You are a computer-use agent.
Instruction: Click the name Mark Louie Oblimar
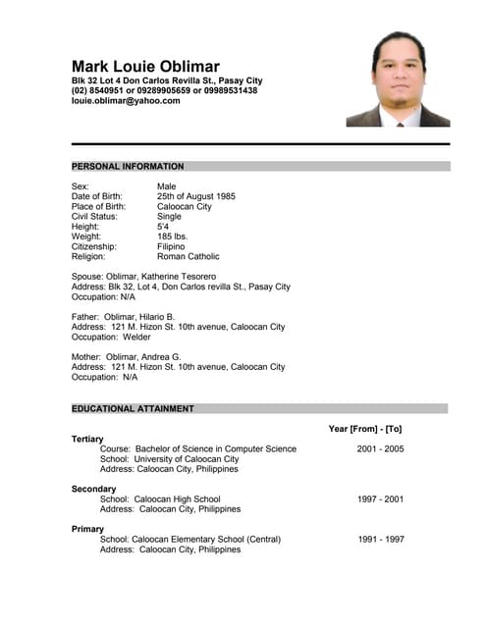pyautogui.click(x=145, y=66)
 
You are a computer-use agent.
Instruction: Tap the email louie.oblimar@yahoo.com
pyautogui.click(x=126, y=100)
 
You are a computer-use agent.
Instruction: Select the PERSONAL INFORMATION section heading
pyautogui.click(x=128, y=167)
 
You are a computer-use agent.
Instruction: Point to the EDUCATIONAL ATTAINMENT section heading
pyautogui.click(x=133, y=408)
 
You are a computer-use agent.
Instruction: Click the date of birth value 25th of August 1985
pyautogui.click(x=196, y=196)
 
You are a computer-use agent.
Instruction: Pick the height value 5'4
pyautogui.click(x=163, y=227)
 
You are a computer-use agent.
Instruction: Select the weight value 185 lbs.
pyautogui.click(x=174, y=236)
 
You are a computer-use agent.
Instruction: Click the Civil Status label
pyautogui.click(x=95, y=217)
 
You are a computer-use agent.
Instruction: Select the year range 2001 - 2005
pyautogui.click(x=380, y=448)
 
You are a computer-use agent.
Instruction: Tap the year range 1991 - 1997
pyautogui.click(x=380, y=539)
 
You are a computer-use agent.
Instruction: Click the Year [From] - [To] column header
pyautogui.click(x=364, y=429)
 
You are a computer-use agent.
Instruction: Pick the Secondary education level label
pyautogui.click(x=94, y=489)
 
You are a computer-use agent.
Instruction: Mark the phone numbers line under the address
pyautogui.click(x=164, y=90)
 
